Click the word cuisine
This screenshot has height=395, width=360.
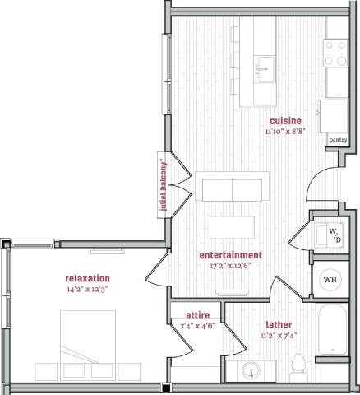[285, 121]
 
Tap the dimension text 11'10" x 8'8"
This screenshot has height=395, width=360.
[285, 131]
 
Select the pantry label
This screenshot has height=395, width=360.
[337, 140]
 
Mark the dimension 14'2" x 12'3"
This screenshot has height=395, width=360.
[88, 289]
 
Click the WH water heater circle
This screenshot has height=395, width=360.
[330, 280]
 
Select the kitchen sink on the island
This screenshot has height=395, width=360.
[264, 65]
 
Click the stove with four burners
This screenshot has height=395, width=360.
[336, 53]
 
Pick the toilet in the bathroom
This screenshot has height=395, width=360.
[299, 367]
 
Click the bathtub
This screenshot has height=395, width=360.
[334, 332]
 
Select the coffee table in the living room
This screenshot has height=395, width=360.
[231, 225]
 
